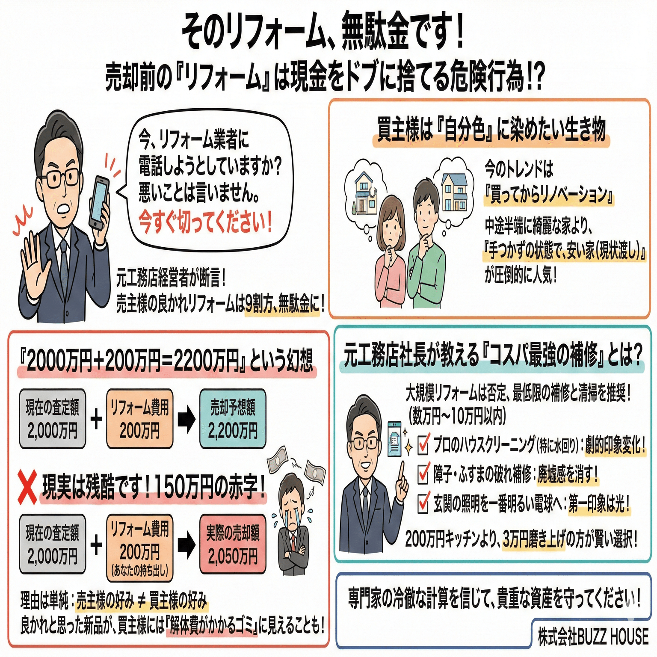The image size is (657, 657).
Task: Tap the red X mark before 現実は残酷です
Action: point(27,486)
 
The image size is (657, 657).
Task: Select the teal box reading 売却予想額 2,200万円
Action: point(233,419)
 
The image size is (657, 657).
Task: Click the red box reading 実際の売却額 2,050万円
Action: point(233,544)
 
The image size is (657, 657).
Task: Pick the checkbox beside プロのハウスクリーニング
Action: point(423,444)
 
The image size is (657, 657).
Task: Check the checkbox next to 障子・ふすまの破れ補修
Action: point(423,474)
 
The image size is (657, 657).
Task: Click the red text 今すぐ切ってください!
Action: point(205,223)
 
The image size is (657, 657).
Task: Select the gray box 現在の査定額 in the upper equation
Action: point(52,419)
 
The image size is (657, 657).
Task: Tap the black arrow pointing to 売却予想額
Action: point(186,419)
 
